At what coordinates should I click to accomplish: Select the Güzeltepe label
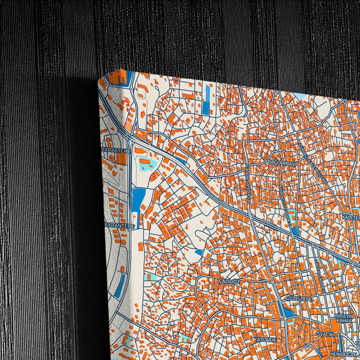pyautogui.click(x=297, y=298)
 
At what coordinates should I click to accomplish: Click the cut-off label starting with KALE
pyautogui.click(x=351, y=217)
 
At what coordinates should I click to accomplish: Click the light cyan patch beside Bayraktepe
pyautogui.click(x=145, y=164)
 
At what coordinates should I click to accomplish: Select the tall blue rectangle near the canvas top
pyautogui.click(x=206, y=100)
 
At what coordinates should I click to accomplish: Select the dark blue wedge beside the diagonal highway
pyautogui.click(x=294, y=230)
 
